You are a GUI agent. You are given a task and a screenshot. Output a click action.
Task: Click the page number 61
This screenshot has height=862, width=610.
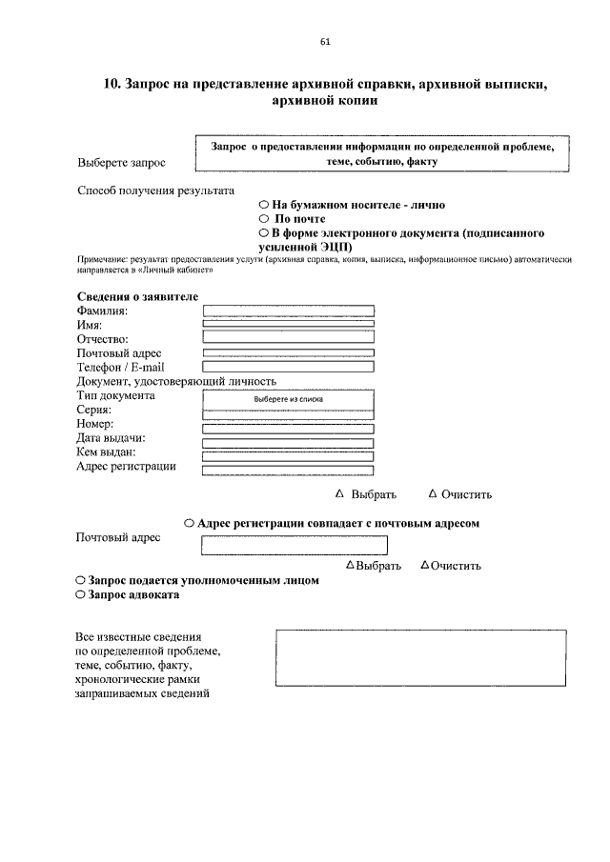coord(324,41)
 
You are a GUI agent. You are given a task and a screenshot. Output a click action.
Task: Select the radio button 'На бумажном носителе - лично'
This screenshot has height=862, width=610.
coord(263,205)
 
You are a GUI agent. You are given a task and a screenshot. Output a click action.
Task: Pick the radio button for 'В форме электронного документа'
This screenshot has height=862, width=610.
coord(263,232)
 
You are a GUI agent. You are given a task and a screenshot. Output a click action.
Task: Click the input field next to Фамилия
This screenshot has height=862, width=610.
coord(289,311)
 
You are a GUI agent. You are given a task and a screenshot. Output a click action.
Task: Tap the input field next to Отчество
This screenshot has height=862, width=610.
coord(289,336)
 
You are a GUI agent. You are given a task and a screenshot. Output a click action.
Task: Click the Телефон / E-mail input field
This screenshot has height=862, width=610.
coord(289,366)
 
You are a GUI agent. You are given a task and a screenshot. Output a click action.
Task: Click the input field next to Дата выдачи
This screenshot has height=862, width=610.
coord(289,442)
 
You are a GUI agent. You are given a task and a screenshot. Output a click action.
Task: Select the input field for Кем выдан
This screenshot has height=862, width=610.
coord(289,455)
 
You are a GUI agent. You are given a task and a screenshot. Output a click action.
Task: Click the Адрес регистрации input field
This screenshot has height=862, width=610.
coord(289,468)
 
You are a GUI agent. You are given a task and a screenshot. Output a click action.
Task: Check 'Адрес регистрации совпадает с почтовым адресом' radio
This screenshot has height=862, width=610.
coord(190,523)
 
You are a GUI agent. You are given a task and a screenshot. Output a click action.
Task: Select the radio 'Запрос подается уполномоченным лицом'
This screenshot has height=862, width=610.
coord(80,580)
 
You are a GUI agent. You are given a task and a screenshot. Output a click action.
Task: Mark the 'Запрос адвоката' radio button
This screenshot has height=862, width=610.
coord(80,594)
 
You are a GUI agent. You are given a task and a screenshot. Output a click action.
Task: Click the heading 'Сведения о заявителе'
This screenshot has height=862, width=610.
coord(137,296)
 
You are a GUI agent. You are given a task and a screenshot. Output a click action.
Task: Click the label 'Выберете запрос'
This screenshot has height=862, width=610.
coord(121,163)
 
